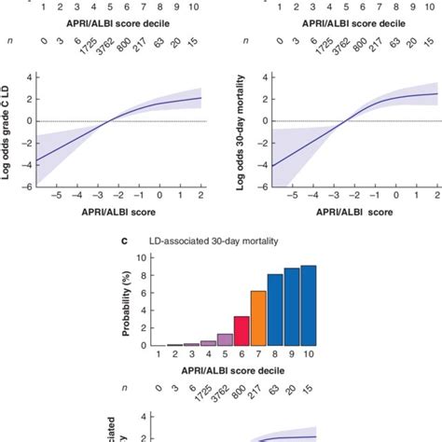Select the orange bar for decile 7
pyautogui.click(x=258, y=319)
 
